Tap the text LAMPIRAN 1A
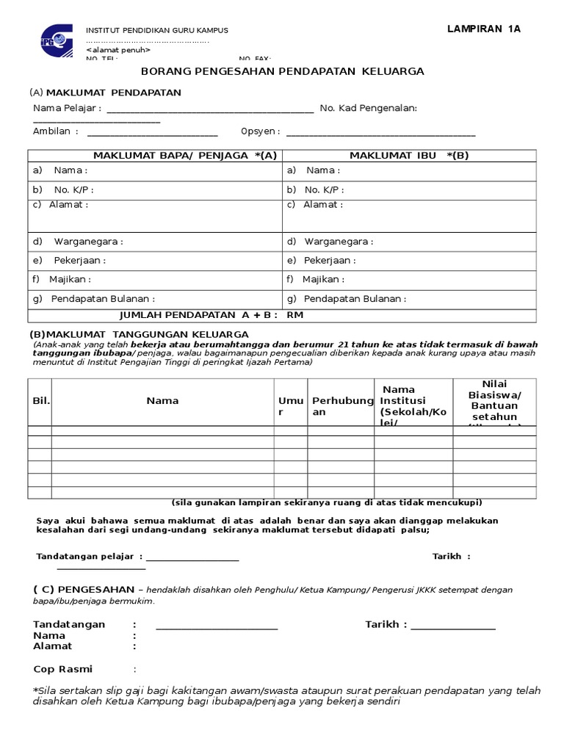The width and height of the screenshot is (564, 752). pyautogui.click(x=484, y=29)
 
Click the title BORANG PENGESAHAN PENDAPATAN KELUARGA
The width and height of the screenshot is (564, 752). pyautogui.click(x=282, y=71)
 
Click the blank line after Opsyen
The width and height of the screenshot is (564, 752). pyautogui.click(x=380, y=134)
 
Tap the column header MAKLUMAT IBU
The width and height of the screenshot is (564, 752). pyautogui.click(x=408, y=155)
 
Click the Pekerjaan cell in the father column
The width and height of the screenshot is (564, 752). pyautogui.click(x=155, y=261)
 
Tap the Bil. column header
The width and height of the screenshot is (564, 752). pyautogui.click(x=40, y=401)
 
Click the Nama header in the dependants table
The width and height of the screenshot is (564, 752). pyautogui.click(x=162, y=401)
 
